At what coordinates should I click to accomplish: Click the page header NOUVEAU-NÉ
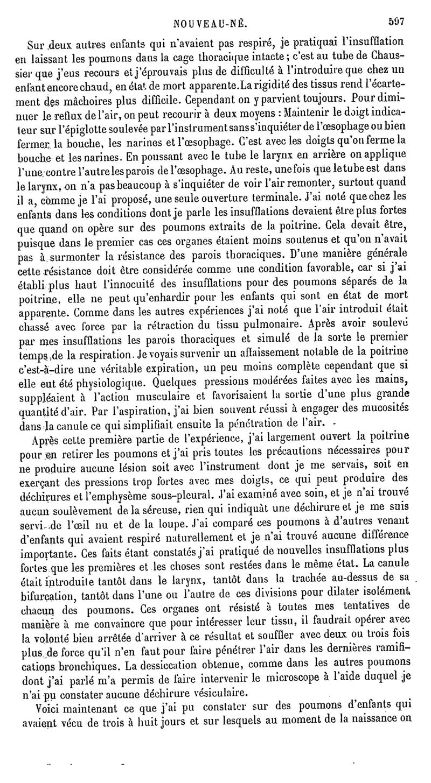tap(211, 23)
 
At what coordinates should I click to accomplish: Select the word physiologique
tap(104, 383)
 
